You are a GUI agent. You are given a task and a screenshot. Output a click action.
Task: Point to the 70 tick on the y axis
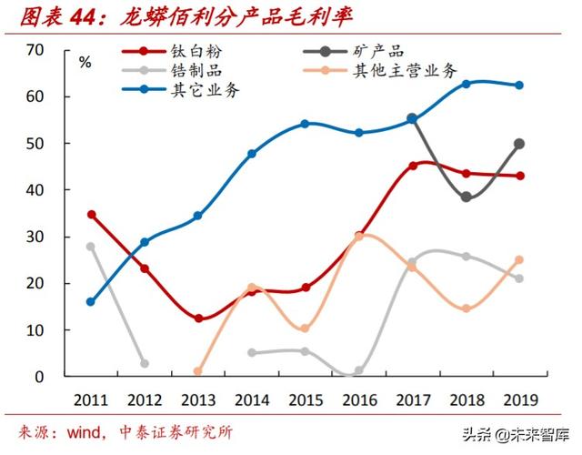[35, 50]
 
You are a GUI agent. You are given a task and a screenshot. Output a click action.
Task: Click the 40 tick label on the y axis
[35, 190]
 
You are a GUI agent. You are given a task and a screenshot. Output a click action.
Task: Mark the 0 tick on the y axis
[40, 376]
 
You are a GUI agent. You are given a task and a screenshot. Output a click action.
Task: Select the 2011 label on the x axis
[92, 399]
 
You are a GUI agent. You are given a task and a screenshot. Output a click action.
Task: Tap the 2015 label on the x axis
[306, 399]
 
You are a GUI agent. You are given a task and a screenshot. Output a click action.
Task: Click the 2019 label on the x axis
[519, 399]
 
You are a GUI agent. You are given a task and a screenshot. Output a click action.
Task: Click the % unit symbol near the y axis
[85, 63]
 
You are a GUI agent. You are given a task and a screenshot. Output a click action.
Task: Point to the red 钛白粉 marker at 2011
[92, 215]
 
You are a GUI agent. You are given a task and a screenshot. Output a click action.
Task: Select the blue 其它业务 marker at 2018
[466, 84]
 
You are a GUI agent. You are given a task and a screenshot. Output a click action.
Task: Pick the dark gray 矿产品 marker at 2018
[466, 197]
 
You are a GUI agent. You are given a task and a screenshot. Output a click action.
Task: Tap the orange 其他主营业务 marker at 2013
[198, 371]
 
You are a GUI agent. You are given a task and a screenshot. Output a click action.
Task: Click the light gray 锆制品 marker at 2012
[145, 363]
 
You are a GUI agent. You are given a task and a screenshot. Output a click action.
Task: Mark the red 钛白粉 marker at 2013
[198, 318]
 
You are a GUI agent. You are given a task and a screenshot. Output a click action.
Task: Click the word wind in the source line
[85, 432]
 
